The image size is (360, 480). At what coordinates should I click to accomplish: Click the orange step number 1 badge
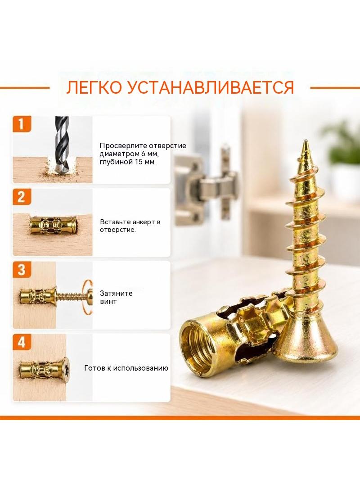[x=22, y=124]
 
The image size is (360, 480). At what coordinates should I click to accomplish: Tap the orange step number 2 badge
[x=22, y=197]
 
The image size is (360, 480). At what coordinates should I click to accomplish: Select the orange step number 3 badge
[x=22, y=270]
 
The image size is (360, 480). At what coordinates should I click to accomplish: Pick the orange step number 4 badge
[x=22, y=342]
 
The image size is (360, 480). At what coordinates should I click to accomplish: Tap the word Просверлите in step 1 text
[x=118, y=146]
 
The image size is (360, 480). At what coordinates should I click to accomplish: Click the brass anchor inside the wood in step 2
[x=53, y=226]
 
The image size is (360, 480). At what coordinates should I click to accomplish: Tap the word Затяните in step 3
[x=116, y=293]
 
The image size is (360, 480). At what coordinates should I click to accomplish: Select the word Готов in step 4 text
[x=94, y=368]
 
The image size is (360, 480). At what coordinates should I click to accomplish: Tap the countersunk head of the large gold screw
[x=305, y=340]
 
